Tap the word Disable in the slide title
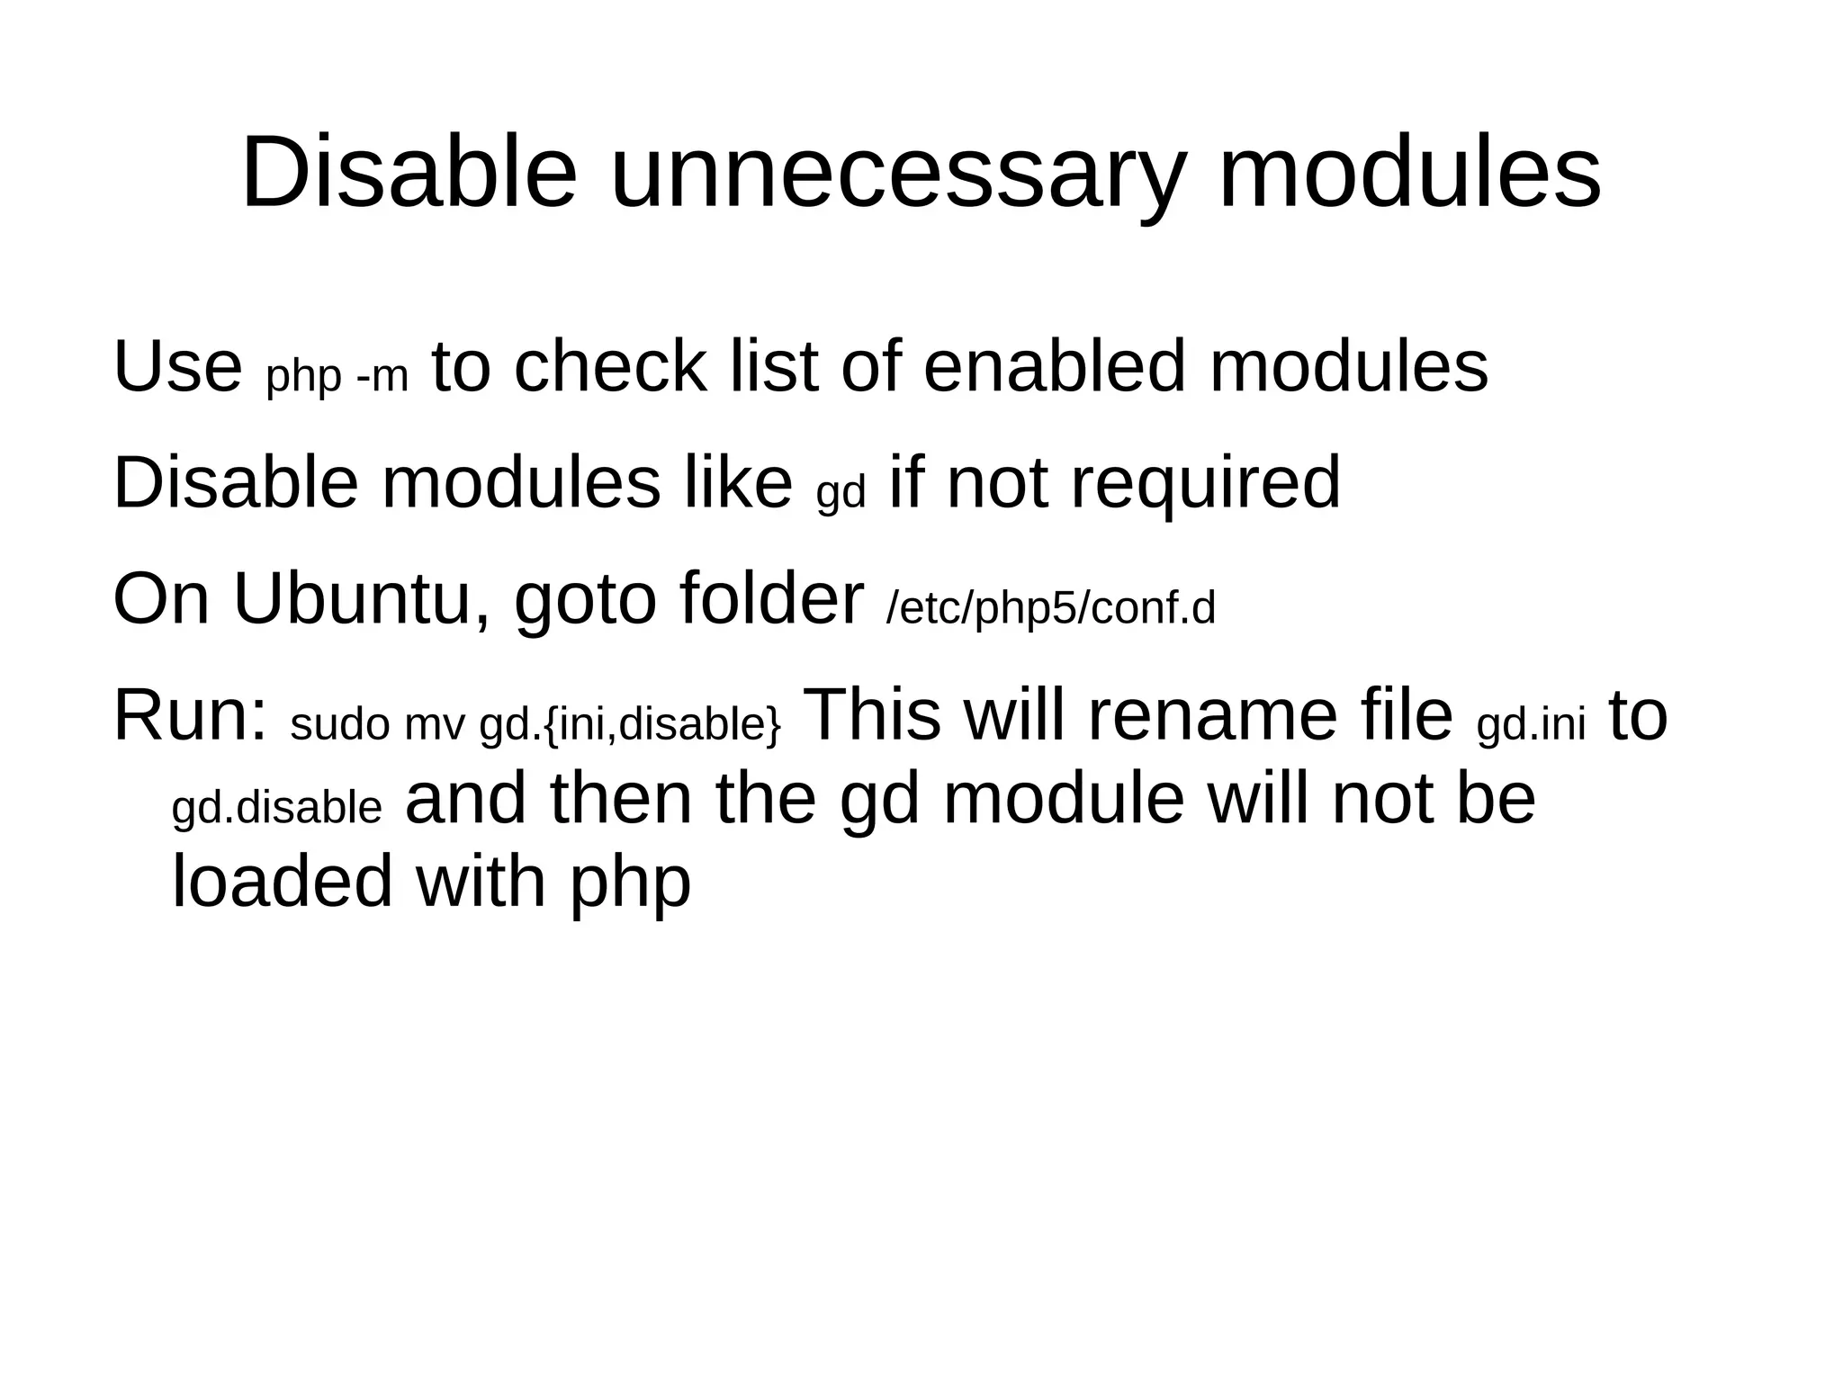click(409, 173)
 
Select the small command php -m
click(337, 377)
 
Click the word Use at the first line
click(177, 367)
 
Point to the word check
click(610, 367)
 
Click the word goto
click(585, 601)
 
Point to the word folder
click(771, 599)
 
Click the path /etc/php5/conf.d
click(1051, 609)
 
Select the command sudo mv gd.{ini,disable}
click(535, 725)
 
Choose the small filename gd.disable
click(277, 808)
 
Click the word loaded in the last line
click(282, 881)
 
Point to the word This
click(871, 716)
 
